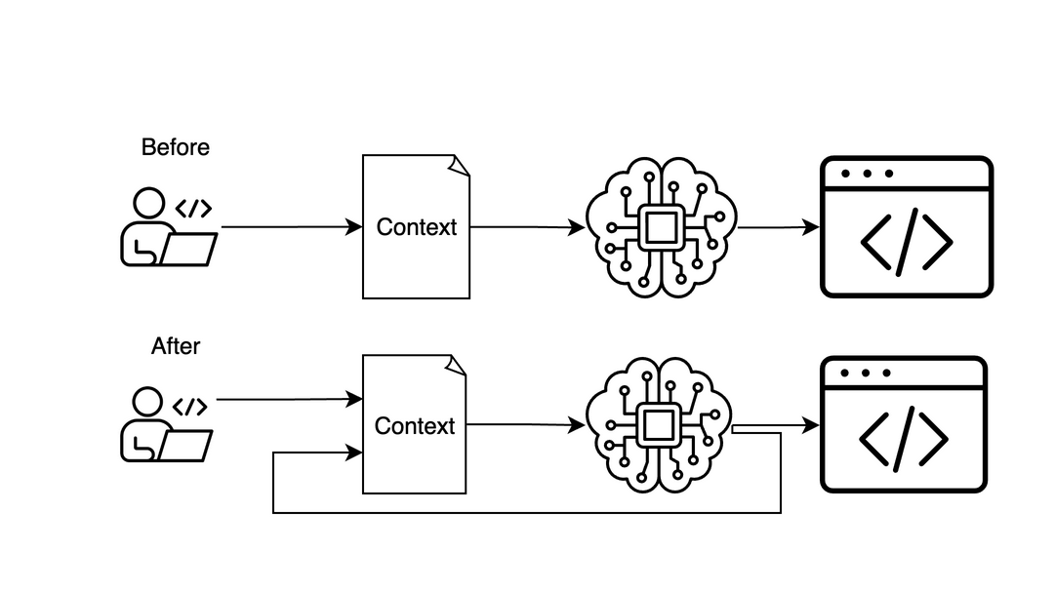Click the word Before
coord(176,147)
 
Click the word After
coord(176,346)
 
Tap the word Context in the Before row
coord(417,227)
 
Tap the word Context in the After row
coord(415,426)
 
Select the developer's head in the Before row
coord(149,205)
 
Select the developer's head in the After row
coord(147,402)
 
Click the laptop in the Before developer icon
coord(189,250)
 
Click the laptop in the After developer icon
coord(186,446)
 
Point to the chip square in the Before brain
coord(661,227)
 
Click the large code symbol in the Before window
coord(907,242)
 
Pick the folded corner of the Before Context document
coord(460,165)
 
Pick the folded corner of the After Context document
coord(457,364)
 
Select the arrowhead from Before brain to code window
coord(811,227)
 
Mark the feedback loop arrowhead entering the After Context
coord(354,453)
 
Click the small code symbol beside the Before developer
coord(193,209)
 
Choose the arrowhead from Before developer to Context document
coord(354,227)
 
